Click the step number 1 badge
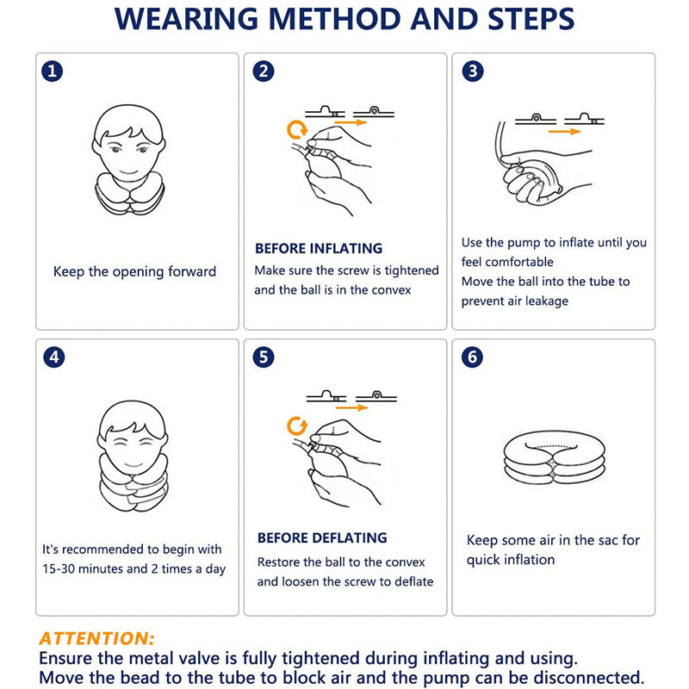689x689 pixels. tap(52, 71)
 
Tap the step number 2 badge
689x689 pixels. tap(264, 71)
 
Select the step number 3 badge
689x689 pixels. tap(473, 71)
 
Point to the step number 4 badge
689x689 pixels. tap(54, 357)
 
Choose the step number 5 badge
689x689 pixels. tap(264, 357)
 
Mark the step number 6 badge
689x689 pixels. tap(472, 357)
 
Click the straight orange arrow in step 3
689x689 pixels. tap(564, 131)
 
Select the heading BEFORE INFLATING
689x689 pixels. tap(319, 248)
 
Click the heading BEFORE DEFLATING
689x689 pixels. tap(322, 537)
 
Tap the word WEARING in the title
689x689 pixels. tap(186, 18)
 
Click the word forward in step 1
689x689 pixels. tap(192, 271)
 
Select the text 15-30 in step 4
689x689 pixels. tap(59, 568)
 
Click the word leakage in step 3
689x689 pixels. tap(546, 301)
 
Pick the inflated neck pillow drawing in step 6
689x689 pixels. tap(554, 457)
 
